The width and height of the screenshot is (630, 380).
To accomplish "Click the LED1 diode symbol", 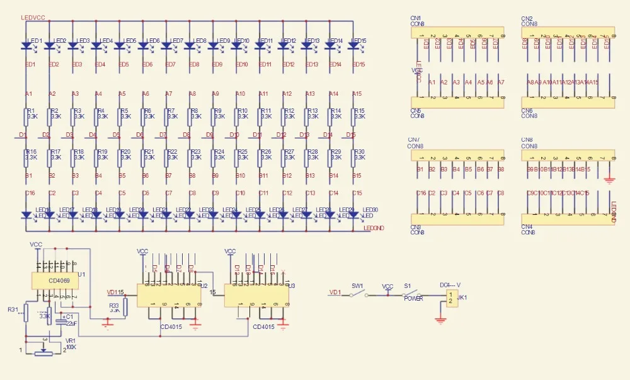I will [x=26, y=45].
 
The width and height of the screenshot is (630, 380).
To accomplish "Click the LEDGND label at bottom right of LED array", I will [x=375, y=227].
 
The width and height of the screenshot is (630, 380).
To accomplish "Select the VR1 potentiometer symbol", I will [x=44, y=352].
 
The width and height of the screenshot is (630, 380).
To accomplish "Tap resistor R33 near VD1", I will [x=125, y=307].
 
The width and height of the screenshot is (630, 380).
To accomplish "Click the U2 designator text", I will [x=203, y=285].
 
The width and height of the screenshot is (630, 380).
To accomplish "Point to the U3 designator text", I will [x=292, y=285].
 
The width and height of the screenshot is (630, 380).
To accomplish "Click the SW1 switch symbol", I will [x=358, y=293].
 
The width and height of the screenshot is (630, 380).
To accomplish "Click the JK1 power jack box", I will [x=451, y=299].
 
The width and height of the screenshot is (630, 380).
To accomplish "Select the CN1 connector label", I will [x=416, y=18].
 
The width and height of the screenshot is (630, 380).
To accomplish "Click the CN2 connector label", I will [x=527, y=18].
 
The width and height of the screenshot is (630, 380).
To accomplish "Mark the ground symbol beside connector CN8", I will [x=609, y=179].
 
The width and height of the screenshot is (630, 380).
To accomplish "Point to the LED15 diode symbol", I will [x=353, y=45].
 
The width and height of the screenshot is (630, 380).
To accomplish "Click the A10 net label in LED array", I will [x=240, y=94].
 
